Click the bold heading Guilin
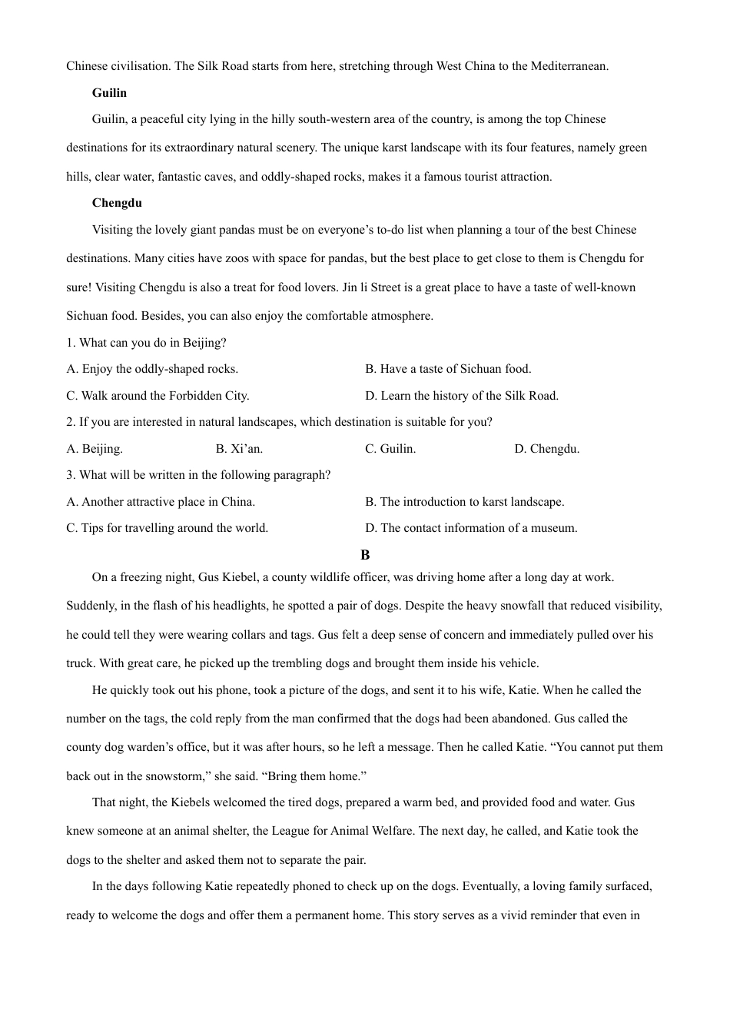click(x=109, y=93)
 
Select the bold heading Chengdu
click(x=117, y=203)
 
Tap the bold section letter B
click(x=365, y=555)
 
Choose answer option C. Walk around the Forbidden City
click(x=158, y=396)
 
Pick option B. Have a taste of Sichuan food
click(x=448, y=369)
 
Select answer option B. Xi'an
click(x=239, y=449)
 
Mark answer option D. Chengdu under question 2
click(x=546, y=449)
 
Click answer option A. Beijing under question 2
click(x=95, y=449)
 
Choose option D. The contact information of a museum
click(x=471, y=528)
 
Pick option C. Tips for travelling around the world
click(x=167, y=528)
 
